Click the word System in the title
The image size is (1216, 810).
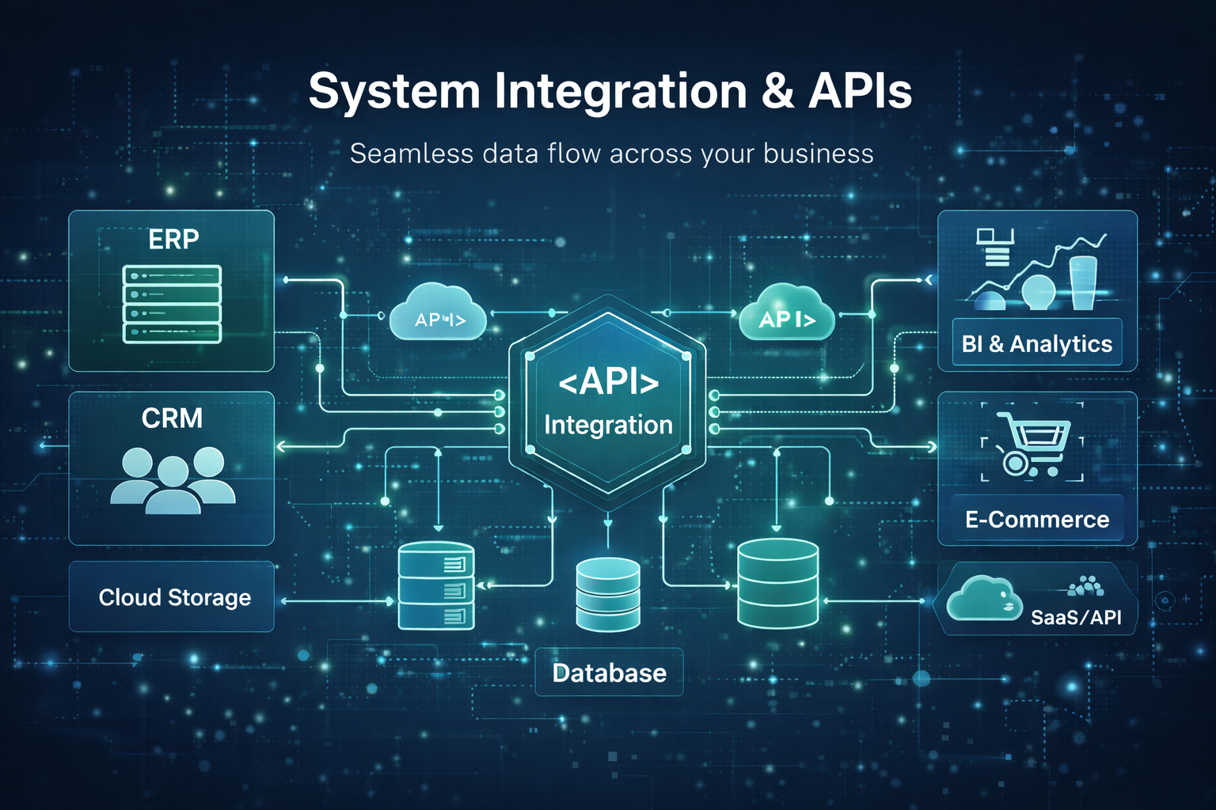(x=393, y=92)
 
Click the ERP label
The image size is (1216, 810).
(x=173, y=239)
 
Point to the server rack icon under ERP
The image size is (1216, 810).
(x=172, y=305)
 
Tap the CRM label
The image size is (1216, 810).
(x=172, y=418)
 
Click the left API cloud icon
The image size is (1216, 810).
(x=439, y=314)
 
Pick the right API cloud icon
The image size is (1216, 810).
(x=786, y=314)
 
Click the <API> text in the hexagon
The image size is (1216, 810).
(x=608, y=382)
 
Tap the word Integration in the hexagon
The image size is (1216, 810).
(x=608, y=425)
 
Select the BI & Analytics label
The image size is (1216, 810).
(x=1036, y=343)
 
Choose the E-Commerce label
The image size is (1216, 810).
(x=1037, y=519)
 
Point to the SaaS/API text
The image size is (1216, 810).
(x=1076, y=617)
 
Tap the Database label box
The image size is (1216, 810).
(x=609, y=672)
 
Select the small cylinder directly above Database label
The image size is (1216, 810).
(x=608, y=594)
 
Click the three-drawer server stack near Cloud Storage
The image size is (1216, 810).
(x=436, y=586)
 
